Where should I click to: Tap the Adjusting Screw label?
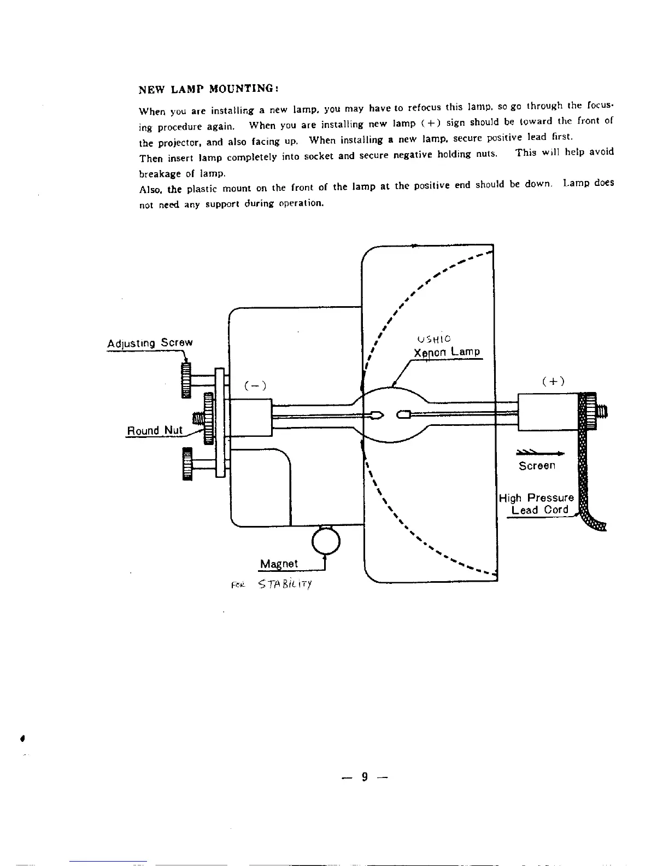[x=150, y=344]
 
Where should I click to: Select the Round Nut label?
[x=155, y=430]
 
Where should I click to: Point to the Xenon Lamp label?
[x=447, y=353]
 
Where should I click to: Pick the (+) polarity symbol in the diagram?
[x=554, y=382]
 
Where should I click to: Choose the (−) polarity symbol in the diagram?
[x=255, y=386]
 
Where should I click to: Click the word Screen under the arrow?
[x=537, y=466]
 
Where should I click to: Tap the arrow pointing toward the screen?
[x=539, y=452]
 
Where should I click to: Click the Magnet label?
[x=279, y=564]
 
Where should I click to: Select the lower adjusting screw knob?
[x=187, y=463]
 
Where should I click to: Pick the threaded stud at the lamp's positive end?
[x=601, y=411]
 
